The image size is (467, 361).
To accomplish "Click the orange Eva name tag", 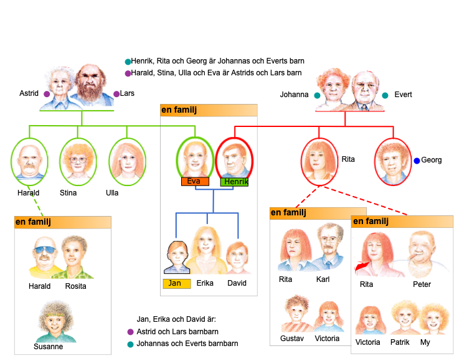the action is point(195,181).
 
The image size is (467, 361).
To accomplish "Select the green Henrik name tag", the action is point(234,182).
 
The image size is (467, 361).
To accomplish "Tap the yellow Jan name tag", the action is point(177,284).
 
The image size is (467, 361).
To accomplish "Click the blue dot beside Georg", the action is point(417,161).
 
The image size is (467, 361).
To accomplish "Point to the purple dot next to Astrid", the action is point(47,94).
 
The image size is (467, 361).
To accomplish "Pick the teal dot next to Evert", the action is point(385,95).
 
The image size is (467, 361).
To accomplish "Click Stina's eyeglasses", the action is point(78,160).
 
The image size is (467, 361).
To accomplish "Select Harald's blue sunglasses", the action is point(45,250).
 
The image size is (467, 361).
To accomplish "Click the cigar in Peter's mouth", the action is point(412,256).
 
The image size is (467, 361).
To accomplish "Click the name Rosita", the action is point(75,286).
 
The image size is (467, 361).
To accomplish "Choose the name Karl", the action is point(323,279).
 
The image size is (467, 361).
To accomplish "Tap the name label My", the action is point(425,342).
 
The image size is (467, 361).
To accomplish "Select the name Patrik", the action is point(400,342).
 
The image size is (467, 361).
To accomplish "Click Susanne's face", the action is point(55,322).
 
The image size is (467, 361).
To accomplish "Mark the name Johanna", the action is point(294,95).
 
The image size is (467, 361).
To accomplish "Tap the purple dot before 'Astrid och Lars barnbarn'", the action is point(130,332).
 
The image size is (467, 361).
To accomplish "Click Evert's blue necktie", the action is point(364,107).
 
